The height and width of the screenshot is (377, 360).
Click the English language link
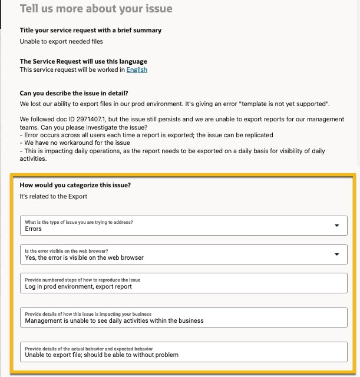137,70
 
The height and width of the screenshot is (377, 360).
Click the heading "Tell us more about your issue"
96,9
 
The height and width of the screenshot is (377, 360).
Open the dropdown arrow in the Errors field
336,226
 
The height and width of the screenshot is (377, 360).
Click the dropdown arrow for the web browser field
336,254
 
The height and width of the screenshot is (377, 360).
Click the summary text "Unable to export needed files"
61,41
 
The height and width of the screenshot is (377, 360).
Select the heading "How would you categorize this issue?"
75,185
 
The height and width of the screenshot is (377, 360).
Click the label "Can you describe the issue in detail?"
74,93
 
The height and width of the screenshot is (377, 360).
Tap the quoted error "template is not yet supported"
281,104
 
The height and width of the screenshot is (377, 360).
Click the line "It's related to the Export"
53,196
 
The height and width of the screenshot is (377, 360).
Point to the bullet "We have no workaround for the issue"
75,143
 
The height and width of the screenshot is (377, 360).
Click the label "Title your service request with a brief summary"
90,30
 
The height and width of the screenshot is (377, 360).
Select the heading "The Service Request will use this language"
83,61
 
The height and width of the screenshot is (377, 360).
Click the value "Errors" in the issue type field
34,229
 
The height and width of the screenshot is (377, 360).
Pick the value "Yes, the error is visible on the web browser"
84,257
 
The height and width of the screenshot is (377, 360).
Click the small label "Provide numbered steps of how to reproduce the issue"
82,280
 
